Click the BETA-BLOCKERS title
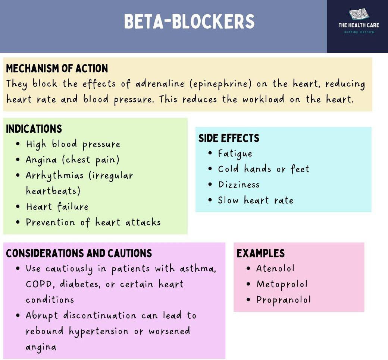point(189,22)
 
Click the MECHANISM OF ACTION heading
point(57,69)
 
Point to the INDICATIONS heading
point(34,129)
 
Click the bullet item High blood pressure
point(73,144)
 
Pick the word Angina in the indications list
point(41,160)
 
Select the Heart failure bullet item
point(57,206)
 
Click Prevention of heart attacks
point(93,222)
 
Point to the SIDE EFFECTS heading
point(229,138)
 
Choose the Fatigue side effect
point(235,154)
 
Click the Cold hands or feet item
point(264,169)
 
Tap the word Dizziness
point(239,185)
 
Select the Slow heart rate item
point(256,200)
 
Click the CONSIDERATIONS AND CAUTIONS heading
point(79,253)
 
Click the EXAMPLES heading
point(260,253)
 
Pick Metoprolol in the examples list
point(282,284)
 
